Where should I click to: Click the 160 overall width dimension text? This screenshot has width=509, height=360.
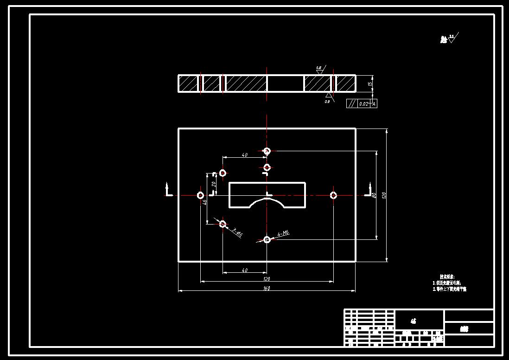click(267, 289)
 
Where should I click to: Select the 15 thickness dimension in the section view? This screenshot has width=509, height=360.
click(369, 84)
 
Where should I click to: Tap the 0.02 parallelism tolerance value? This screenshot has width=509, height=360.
click(363, 104)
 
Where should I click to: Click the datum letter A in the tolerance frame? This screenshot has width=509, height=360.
click(374, 104)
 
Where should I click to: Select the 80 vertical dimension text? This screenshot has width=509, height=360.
click(374, 195)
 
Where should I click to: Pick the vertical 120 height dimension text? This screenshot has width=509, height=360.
click(384, 195)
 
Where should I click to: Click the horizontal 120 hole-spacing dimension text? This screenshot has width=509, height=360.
click(267, 279)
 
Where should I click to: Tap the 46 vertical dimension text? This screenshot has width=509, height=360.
click(204, 202)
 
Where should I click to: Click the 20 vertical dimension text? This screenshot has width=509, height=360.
click(214, 184)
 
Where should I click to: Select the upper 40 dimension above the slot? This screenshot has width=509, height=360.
click(245, 155)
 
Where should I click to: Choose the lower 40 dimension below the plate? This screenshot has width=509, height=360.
click(245, 270)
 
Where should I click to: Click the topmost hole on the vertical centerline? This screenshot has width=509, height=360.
click(267, 151)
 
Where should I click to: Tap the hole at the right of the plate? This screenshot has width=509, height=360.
click(333, 195)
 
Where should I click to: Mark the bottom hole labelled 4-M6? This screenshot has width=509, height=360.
click(267, 239)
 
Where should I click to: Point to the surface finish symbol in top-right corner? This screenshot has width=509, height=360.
click(453, 38)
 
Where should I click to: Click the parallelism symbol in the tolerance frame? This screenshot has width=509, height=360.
click(352, 104)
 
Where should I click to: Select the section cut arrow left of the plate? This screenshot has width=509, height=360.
click(168, 190)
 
